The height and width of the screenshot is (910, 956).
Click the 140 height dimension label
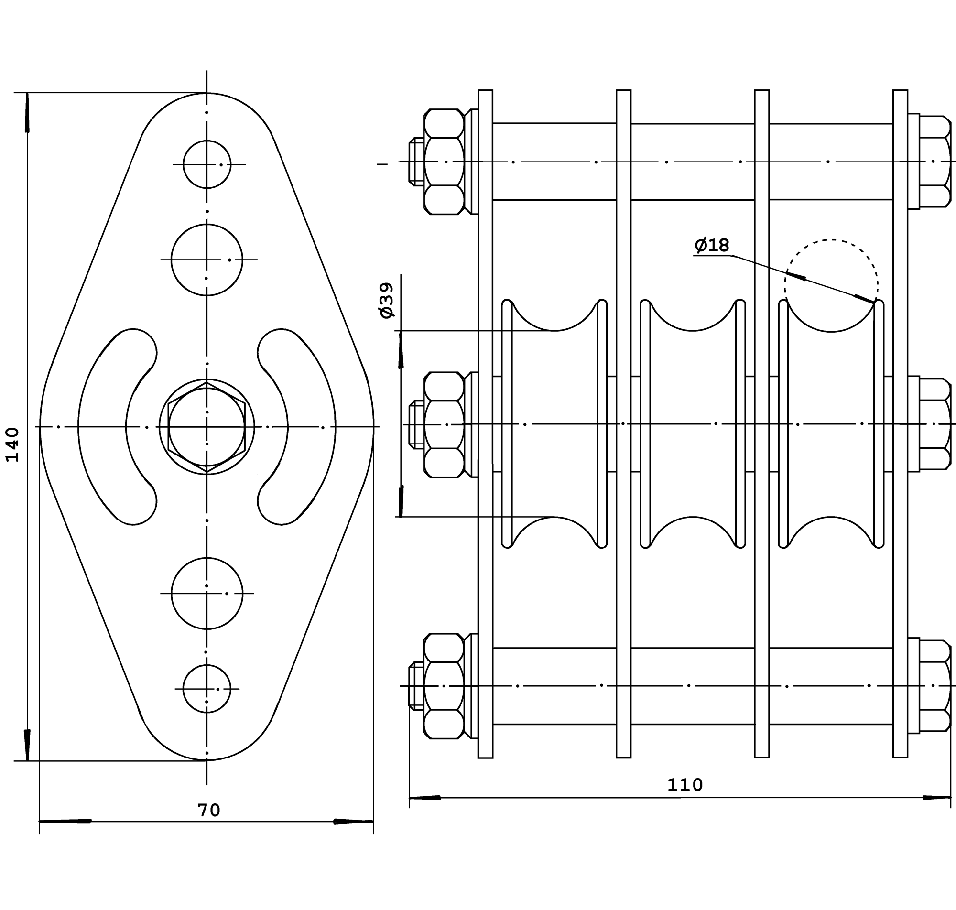point(12,445)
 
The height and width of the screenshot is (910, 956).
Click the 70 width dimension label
point(209,810)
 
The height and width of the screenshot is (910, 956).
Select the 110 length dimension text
point(685,785)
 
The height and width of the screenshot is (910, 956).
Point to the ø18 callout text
point(712,246)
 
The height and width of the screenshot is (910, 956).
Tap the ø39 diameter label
point(387,301)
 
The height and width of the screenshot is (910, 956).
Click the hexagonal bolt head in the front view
point(206,427)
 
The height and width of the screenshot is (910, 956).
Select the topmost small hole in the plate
point(207,164)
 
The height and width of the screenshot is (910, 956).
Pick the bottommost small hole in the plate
point(207,689)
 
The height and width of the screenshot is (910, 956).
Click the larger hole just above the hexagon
point(206,260)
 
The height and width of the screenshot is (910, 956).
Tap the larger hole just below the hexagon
point(207,593)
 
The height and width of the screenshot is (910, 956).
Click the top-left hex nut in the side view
point(444,162)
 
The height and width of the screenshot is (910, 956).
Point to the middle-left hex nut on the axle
point(444,425)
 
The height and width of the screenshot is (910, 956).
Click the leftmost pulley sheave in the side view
point(554,424)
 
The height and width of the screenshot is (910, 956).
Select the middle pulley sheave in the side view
point(693,424)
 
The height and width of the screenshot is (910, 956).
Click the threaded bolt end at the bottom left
point(416,686)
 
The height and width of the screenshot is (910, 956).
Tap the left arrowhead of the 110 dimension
point(425,798)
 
